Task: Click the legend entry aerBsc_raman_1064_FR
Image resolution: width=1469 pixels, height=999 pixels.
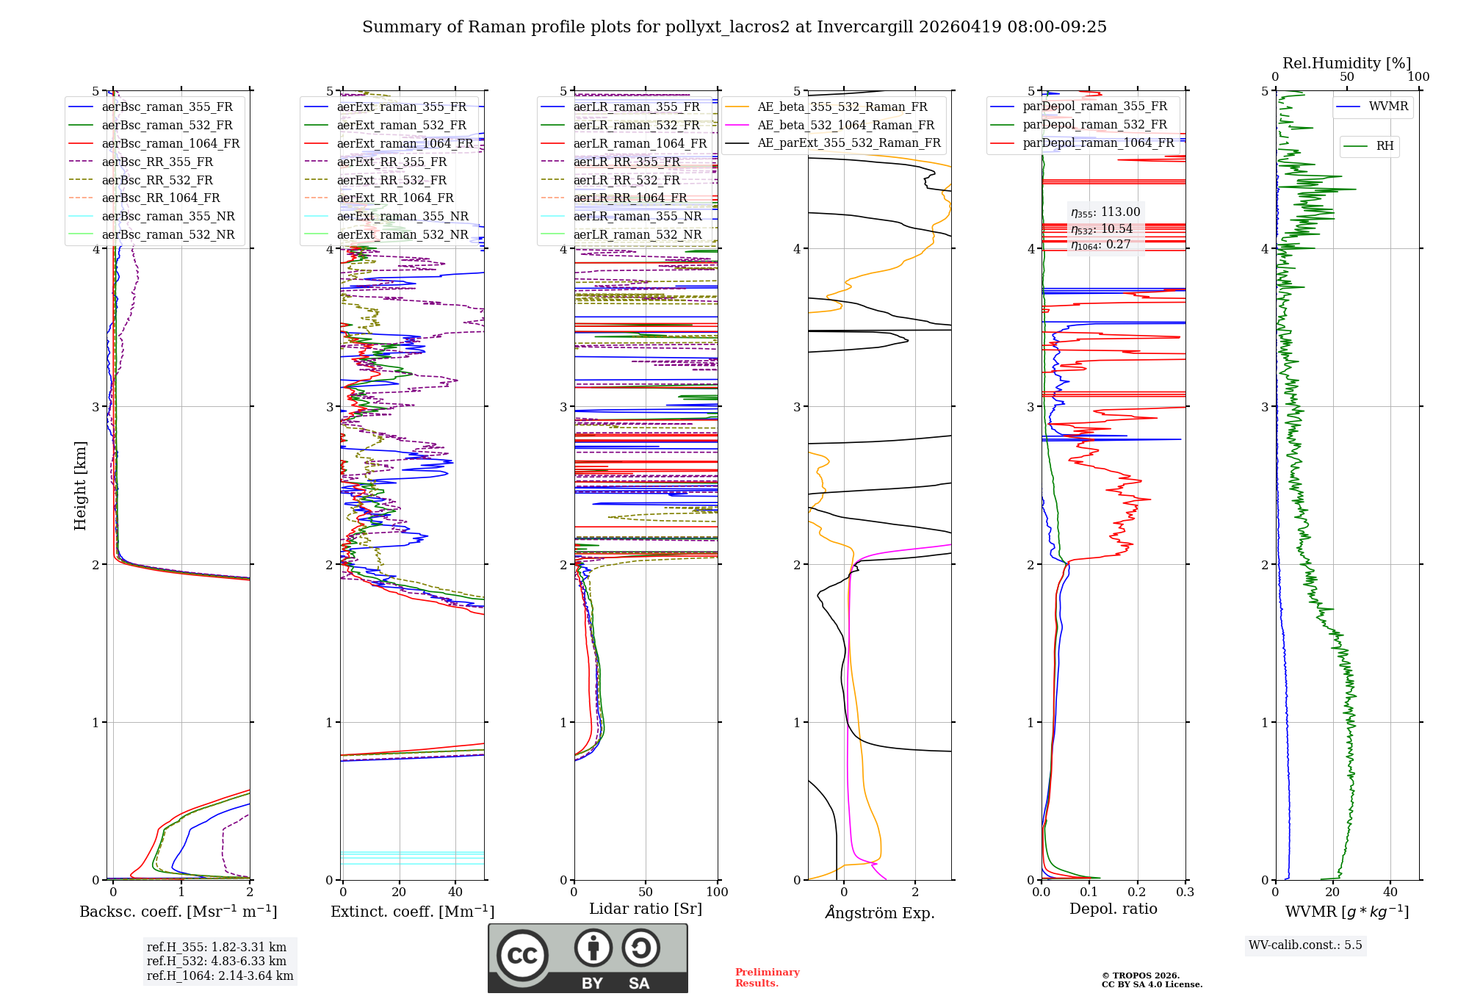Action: coord(170,143)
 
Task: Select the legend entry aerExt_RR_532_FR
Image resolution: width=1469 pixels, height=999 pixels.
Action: coord(391,180)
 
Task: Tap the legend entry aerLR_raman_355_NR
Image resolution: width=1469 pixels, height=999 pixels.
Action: coord(637,216)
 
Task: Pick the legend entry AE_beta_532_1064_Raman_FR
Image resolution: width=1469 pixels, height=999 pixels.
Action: coord(845,125)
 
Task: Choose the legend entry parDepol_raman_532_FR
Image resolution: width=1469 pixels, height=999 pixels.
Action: coord(1094,125)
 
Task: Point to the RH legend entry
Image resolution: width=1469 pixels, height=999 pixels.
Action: coord(1385,146)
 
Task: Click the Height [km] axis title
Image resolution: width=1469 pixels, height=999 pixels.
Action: coord(80,486)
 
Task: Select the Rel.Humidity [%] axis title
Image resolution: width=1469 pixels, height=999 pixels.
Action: coord(1346,63)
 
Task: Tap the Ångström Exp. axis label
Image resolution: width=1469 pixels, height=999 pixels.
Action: coord(879,912)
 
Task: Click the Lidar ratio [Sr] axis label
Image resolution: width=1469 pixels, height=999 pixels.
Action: coord(645,909)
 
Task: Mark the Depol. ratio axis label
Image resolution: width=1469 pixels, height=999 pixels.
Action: coord(1113,909)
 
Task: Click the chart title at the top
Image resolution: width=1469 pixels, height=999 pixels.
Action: coord(734,27)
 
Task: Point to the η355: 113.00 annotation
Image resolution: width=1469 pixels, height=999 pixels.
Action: coord(1105,212)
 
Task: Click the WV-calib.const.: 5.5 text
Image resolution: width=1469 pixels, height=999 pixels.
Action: coord(1305,945)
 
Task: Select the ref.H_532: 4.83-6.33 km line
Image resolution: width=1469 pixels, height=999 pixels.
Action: coord(216,961)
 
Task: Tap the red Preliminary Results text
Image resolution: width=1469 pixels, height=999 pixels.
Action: coord(767,977)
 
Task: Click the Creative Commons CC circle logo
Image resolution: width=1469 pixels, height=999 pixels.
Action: coord(522,955)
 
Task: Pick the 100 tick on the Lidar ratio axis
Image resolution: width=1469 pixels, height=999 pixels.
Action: coord(717,892)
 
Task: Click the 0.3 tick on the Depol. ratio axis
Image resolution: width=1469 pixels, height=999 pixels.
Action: coord(1185,892)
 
